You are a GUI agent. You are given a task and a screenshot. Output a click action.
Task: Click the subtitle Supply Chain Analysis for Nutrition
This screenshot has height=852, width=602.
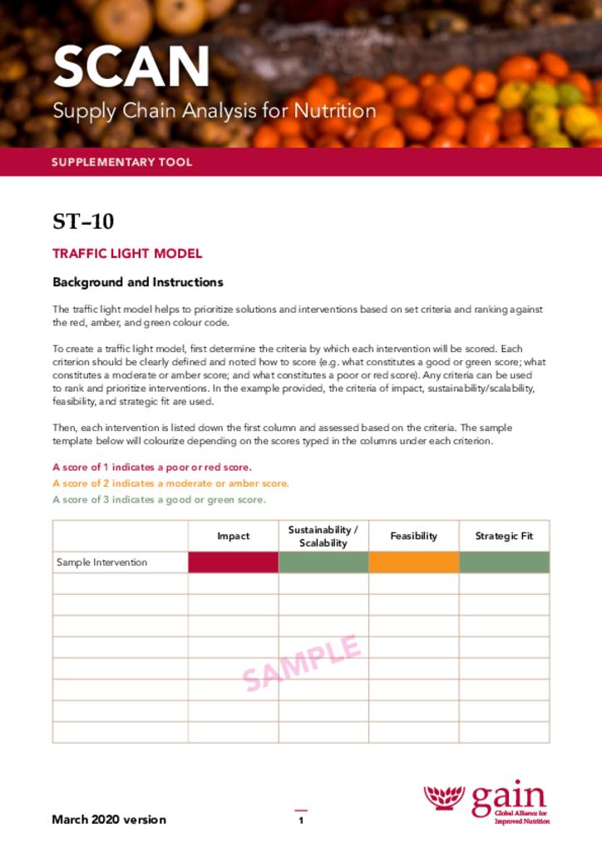click(x=214, y=111)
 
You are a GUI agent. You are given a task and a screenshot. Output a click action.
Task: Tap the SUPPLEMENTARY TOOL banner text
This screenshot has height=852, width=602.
click(x=121, y=162)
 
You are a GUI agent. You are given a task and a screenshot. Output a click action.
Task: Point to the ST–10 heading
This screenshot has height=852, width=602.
click(x=83, y=222)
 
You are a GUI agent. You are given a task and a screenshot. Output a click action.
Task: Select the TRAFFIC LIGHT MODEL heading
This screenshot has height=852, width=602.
click(x=127, y=254)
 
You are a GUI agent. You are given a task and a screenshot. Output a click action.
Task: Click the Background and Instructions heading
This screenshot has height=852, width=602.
click(x=137, y=282)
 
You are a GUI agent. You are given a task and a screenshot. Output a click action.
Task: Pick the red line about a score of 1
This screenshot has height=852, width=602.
click(x=151, y=467)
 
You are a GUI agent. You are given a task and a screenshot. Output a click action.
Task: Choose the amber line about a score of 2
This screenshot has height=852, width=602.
click(x=170, y=483)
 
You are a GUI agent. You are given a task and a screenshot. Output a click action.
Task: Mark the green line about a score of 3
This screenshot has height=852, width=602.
click(x=159, y=500)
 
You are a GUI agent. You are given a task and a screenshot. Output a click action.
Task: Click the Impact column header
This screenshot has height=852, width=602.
click(x=233, y=536)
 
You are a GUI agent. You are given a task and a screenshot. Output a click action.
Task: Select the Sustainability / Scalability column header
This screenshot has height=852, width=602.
click(x=323, y=536)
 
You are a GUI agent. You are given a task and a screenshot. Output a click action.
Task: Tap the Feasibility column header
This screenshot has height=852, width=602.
click(x=413, y=536)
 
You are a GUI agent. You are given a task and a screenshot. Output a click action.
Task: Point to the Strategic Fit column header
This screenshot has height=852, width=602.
click(x=504, y=536)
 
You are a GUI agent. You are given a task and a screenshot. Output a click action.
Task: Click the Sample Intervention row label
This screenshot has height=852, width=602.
click(x=101, y=562)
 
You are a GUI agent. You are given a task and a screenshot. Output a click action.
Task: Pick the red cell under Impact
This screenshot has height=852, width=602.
click(x=233, y=562)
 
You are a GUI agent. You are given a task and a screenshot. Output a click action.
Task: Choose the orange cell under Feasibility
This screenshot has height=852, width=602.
click(x=413, y=562)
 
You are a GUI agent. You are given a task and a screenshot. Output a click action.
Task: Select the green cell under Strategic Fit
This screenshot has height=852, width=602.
click(x=504, y=562)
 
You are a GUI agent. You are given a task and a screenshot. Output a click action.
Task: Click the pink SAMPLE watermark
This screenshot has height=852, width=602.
click(x=302, y=663)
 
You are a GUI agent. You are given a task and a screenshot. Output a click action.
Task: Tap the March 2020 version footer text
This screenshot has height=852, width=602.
click(x=109, y=820)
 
